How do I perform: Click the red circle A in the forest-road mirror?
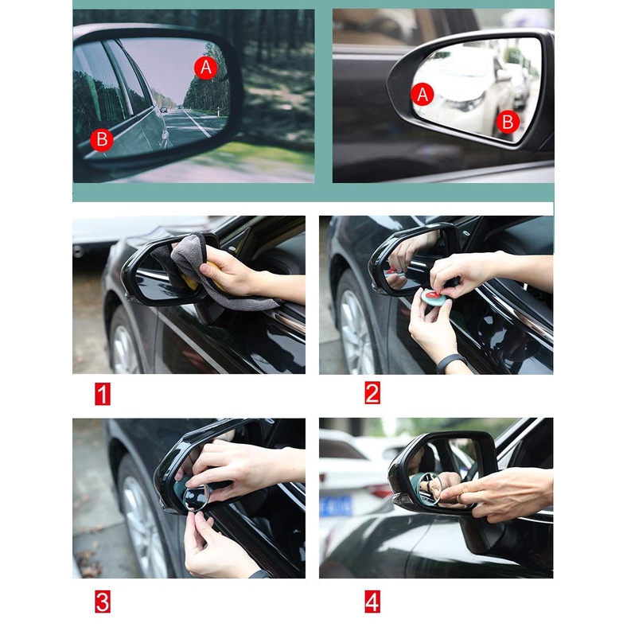[206, 67]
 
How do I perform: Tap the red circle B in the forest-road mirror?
[102, 140]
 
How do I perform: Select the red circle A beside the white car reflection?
[423, 95]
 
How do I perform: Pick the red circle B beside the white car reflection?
[508, 122]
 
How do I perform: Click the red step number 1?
[103, 394]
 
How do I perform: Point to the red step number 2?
[372, 393]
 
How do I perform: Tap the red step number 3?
[103, 602]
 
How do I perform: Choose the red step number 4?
[372, 602]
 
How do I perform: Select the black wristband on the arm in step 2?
[450, 362]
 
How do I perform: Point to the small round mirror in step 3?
[196, 497]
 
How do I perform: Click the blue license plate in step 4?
[336, 506]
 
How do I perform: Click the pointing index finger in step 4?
[460, 493]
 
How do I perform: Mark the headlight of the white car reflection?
[465, 103]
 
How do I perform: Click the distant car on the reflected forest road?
[164, 109]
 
